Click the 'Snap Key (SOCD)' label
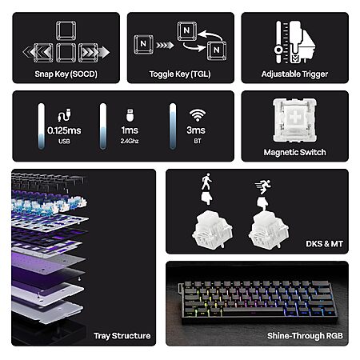[66, 74]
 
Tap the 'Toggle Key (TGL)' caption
[180, 74]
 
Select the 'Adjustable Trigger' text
[294, 74]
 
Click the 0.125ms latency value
[64, 130]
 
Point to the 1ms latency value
[130, 130]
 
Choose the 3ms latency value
[196, 130]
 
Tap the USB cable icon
[64, 115]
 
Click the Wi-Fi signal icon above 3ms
[198, 115]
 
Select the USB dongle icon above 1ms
[130, 115]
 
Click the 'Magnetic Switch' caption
[294, 152]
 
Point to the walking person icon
[206, 182]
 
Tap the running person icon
[263, 186]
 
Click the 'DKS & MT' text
[324, 244]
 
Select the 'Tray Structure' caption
[122, 336]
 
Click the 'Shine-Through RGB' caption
[305, 336]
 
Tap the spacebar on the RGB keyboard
[252, 311]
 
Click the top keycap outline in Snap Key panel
[66, 31]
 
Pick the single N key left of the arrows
[143, 44]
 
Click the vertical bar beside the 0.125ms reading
[42, 126]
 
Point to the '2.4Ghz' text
[130, 141]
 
